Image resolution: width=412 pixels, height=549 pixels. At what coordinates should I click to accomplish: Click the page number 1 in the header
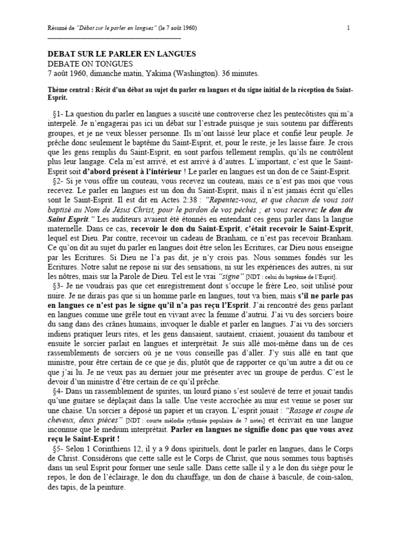pos(348,28)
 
